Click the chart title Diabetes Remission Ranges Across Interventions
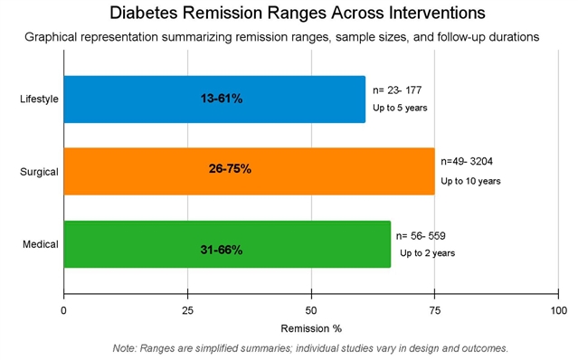tap(297, 13)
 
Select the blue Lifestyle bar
tap(214, 99)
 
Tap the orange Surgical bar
tap(249, 171)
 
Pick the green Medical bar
tap(227, 244)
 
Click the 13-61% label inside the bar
tap(222, 99)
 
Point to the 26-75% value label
tap(230, 169)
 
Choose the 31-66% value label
tap(222, 250)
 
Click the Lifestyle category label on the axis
tap(39, 99)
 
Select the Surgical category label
tap(39, 172)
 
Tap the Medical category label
tap(41, 244)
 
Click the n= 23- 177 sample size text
tap(397, 90)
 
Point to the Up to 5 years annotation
tap(400, 108)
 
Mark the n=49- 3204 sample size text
tap(467, 161)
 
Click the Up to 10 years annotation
tap(470, 181)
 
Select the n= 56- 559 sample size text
tap(421, 236)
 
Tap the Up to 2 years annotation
tap(428, 253)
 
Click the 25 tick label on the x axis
tap(187, 310)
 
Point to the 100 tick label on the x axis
tap(559, 310)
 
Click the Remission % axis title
tap(311, 328)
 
